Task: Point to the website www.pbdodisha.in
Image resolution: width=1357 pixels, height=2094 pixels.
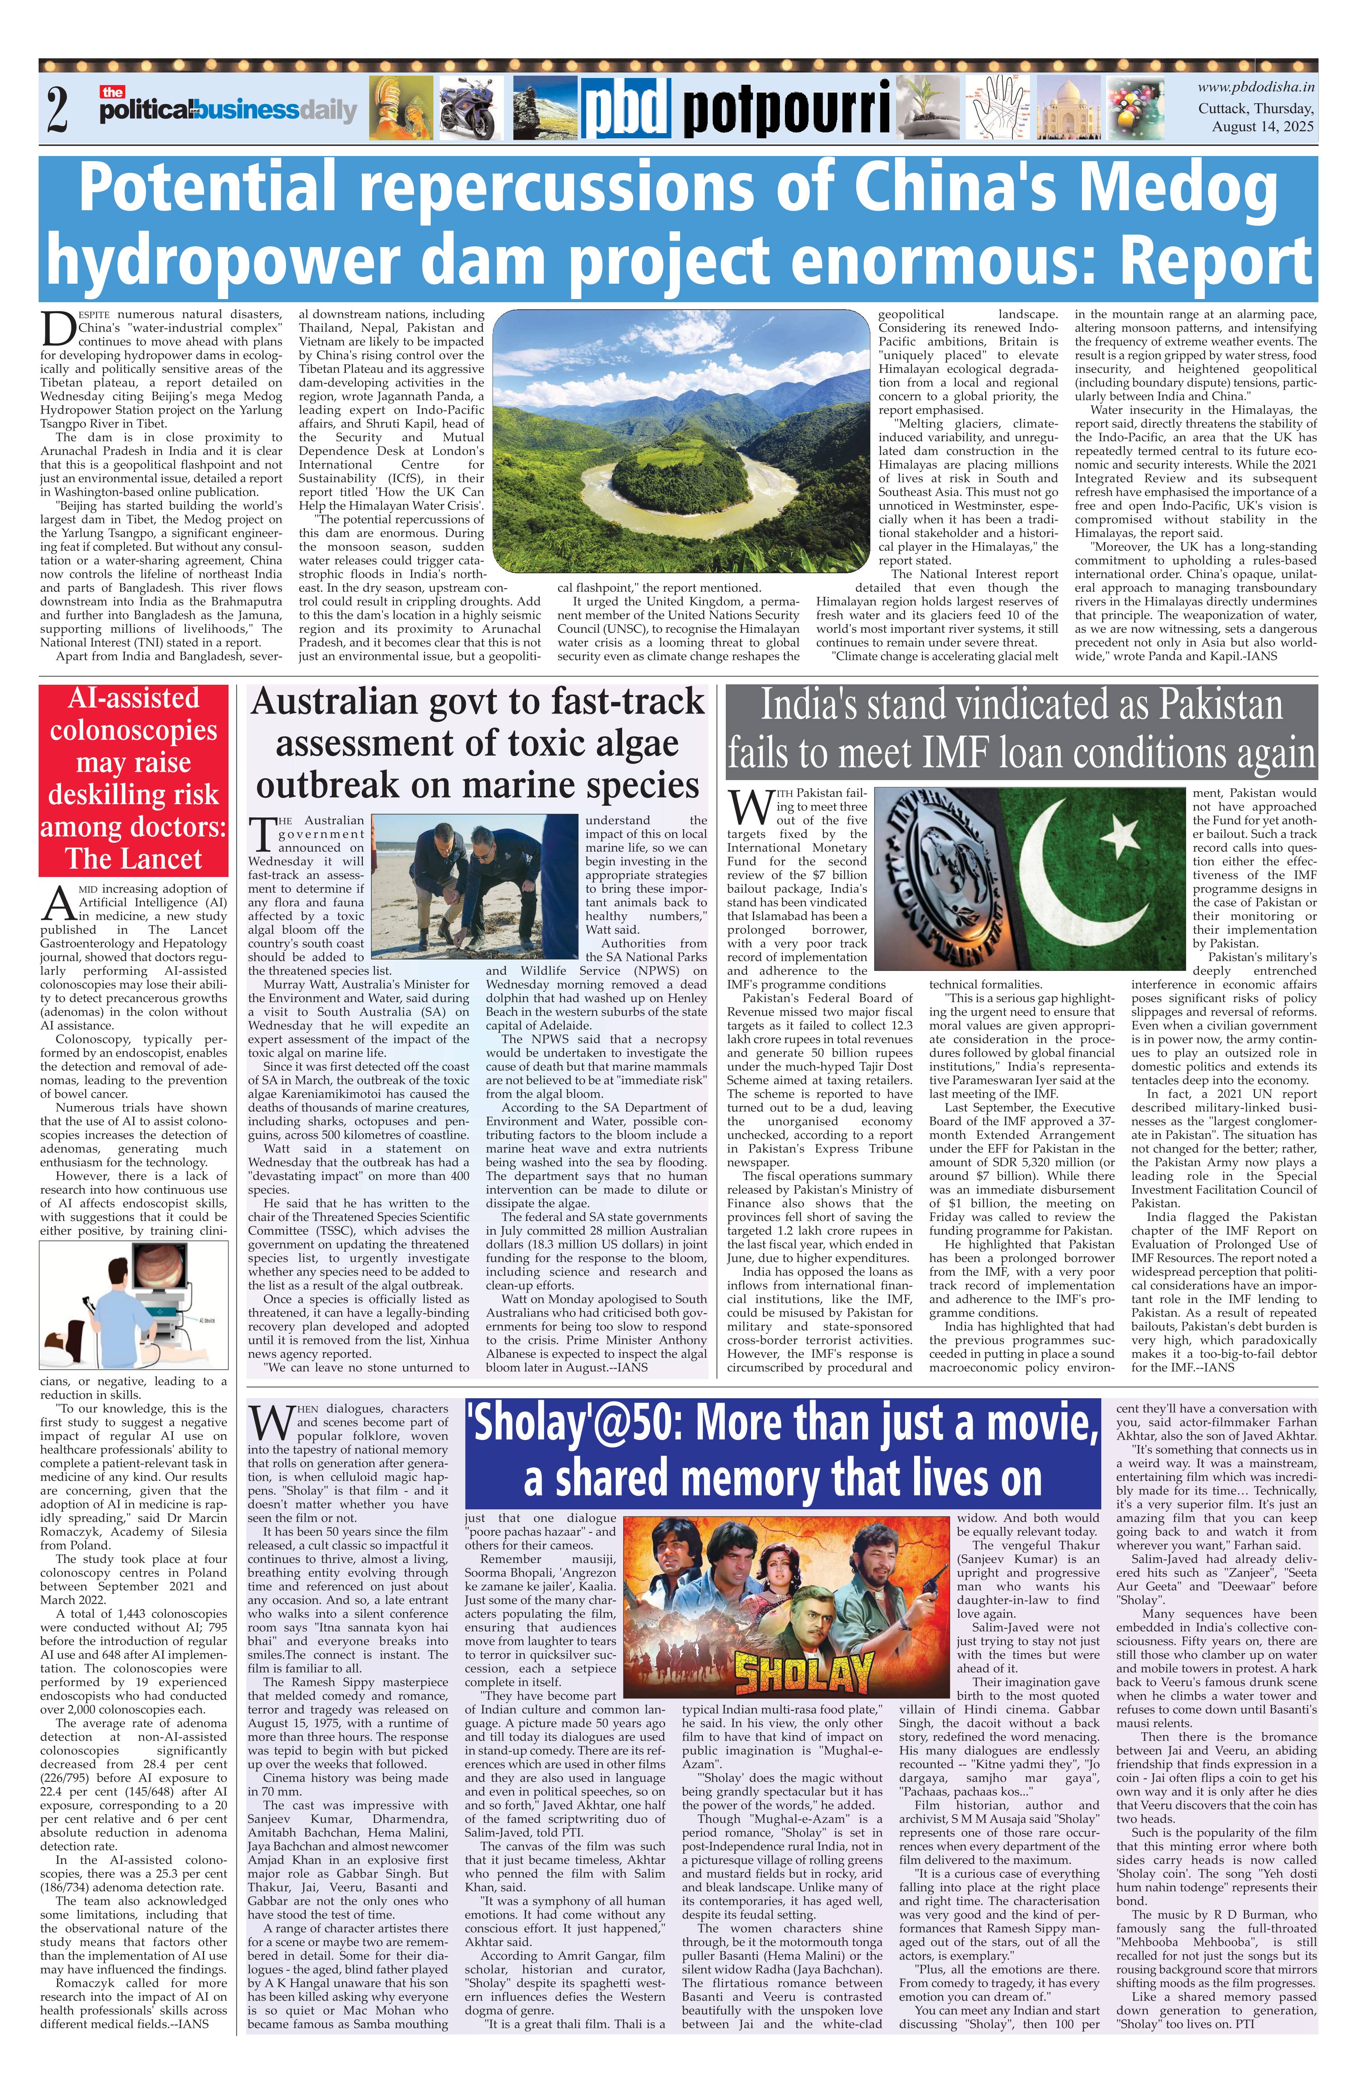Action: (1256, 86)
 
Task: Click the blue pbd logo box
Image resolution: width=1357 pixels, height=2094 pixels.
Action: (626, 109)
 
